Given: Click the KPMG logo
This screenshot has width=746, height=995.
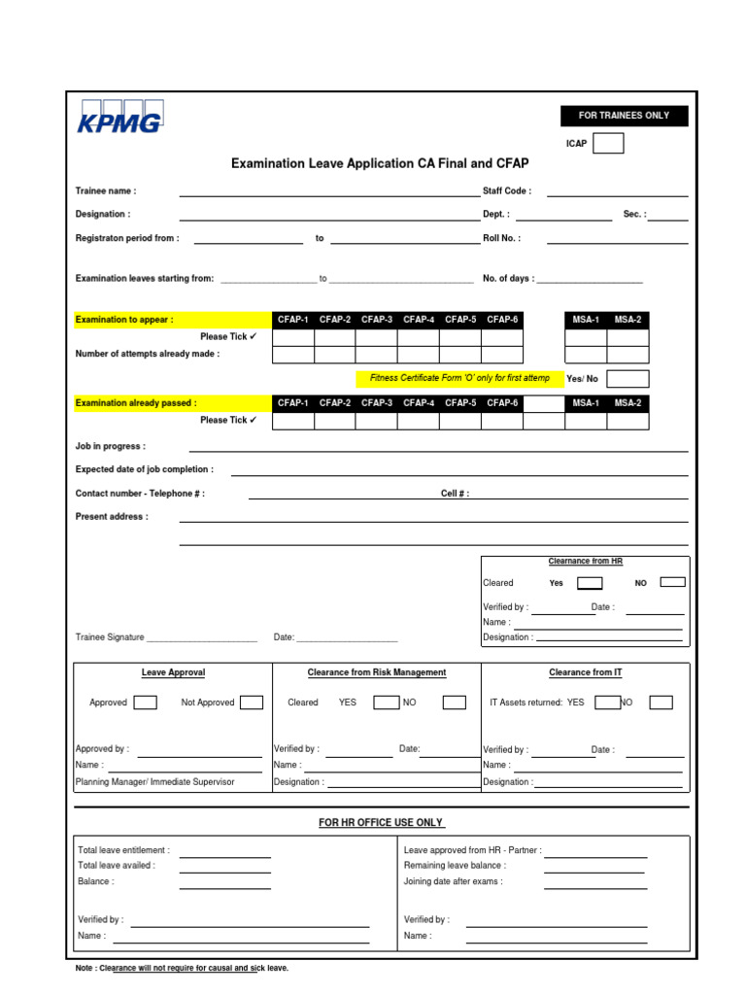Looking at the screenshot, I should click(119, 117).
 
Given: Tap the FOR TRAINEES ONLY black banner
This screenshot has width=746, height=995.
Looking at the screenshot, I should click(624, 116).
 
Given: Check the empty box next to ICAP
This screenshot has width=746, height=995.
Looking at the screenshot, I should click(608, 144).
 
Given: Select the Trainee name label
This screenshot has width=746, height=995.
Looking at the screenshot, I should click(106, 191).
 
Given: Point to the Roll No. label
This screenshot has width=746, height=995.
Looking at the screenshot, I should click(501, 238).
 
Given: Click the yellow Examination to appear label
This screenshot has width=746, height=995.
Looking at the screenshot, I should click(125, 320).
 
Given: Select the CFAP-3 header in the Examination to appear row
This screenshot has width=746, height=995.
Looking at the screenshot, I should click(377, 320).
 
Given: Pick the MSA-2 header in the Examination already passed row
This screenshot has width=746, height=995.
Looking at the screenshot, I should click(627, 402).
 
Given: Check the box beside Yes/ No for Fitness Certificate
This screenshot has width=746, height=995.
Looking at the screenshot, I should click(627, 379).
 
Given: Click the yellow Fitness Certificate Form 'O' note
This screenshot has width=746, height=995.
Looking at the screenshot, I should click(459, 378).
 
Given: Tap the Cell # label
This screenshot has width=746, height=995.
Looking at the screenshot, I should click(455, 494).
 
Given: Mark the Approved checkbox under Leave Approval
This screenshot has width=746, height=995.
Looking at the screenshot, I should click(145, 703).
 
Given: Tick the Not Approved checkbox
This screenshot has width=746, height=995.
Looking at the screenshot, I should click(252, 703).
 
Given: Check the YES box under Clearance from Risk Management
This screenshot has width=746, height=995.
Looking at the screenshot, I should click(386, 703).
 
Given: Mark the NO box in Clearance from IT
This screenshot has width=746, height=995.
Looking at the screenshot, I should click(661, 703).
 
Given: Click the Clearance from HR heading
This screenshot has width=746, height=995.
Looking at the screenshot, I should click(585, 562).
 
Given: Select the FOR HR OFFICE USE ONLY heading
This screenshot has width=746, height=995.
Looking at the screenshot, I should click(381, 823).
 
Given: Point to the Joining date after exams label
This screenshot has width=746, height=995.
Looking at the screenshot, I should click(454, 882).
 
